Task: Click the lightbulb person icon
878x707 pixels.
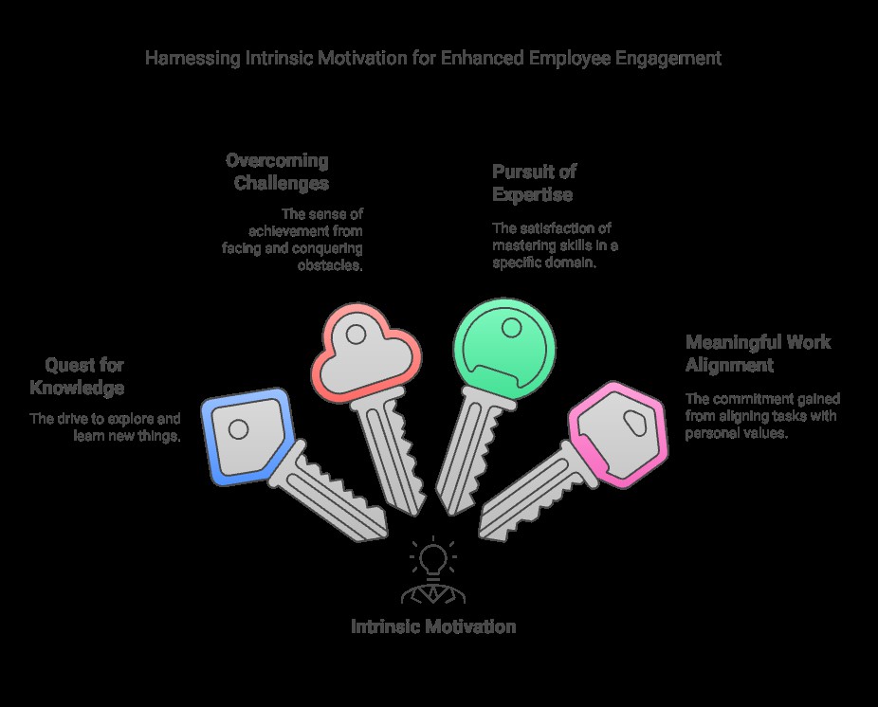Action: pyautogui.click(x=433, y=571)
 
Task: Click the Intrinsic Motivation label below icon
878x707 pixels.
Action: pyautogui.click(x=433, y=626)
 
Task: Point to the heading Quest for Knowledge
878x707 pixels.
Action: pyautogui.click(x=78, y=376)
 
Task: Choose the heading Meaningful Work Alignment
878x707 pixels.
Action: pyautogui.click(x=757, y=353)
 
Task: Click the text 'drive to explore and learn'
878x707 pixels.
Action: pyautogui.click(x=105, y=426)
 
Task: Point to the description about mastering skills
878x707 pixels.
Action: pyautogui.click(x=554, y=245)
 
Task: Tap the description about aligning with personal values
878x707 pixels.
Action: pyautogui.click(x=761, y=416)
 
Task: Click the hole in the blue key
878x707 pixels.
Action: pyautogui.click(x=240, y=429)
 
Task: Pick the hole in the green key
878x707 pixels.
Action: pyautogui.click(x=511, y=328)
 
